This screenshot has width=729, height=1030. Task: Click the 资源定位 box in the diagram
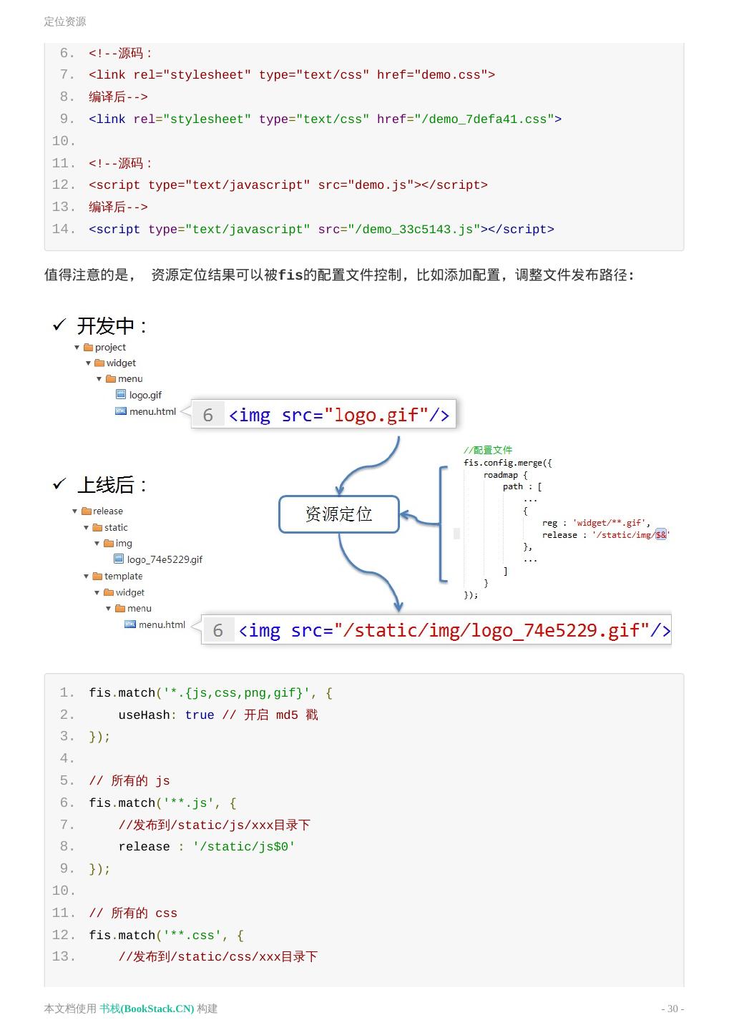click(338, 514)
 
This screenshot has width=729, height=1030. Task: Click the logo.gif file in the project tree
click(145, 395)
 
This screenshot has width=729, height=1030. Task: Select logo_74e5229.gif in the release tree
click(164, 559)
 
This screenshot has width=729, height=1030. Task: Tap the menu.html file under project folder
click(152, 411)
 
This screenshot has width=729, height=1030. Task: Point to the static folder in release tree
click(115, 527)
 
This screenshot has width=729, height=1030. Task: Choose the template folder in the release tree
click(122, 576)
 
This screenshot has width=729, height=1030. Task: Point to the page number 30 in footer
click(672, 1009)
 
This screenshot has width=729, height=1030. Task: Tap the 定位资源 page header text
click(65, 21)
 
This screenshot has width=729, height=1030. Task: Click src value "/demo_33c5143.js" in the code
click(414, 230)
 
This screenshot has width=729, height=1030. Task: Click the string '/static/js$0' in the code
click(244, 847)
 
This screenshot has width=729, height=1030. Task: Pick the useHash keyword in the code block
click(144, 715)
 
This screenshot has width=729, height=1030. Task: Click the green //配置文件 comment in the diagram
click(488, 450)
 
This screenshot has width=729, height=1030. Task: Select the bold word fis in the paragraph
click(290, 275)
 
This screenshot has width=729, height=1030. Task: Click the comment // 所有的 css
click(133, 913)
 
